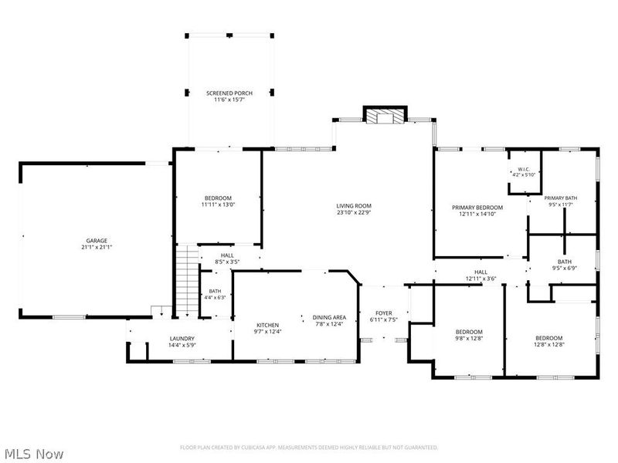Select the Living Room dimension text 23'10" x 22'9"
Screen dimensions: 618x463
[x=354, y=213]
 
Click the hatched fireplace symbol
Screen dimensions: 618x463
[x=385, y=117]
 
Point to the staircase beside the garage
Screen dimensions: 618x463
[x=187, y=281]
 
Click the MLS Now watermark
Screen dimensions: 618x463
[x=34, y=454]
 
